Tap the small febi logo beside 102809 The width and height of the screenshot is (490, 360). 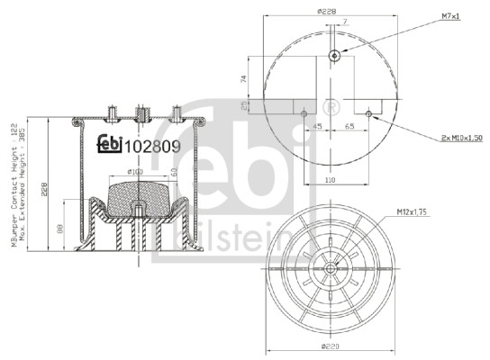tap(109, 142)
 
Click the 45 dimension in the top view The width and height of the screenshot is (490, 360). tap(318, 129)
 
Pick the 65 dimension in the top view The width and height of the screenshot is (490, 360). tap(348, 129)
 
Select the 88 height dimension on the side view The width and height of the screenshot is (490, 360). tap(60, 230)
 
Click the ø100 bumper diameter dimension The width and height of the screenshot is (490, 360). tap(135, 171)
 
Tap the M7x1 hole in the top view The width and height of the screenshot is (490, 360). tap(334, 56)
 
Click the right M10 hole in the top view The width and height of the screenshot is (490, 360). tap(369, 113)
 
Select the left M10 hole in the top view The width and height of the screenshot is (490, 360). tap(304, 113)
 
